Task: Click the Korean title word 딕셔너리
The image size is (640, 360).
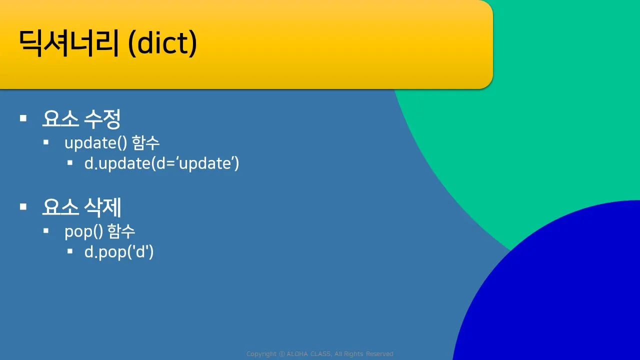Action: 68,43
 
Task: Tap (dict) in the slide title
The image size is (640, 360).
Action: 162,43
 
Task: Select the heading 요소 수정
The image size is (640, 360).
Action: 81,118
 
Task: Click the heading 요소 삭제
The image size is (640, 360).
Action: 81,207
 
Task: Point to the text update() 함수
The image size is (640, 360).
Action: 111,142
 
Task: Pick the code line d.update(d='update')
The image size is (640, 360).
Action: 161,163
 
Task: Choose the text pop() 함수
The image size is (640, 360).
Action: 99,231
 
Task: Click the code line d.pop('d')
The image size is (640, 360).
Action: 119,252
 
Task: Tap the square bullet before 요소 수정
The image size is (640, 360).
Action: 23,118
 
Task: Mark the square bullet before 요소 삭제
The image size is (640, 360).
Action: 23,206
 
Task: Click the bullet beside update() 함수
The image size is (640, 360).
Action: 46,142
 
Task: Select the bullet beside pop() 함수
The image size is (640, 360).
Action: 46,230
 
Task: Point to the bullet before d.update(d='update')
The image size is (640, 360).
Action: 70,163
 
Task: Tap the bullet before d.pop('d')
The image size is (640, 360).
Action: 70,251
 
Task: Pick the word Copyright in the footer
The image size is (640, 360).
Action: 261,354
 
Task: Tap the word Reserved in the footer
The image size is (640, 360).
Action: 379,354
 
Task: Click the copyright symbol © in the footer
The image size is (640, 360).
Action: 282,354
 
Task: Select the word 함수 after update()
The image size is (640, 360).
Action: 145,142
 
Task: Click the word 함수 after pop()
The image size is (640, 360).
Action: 121,231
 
